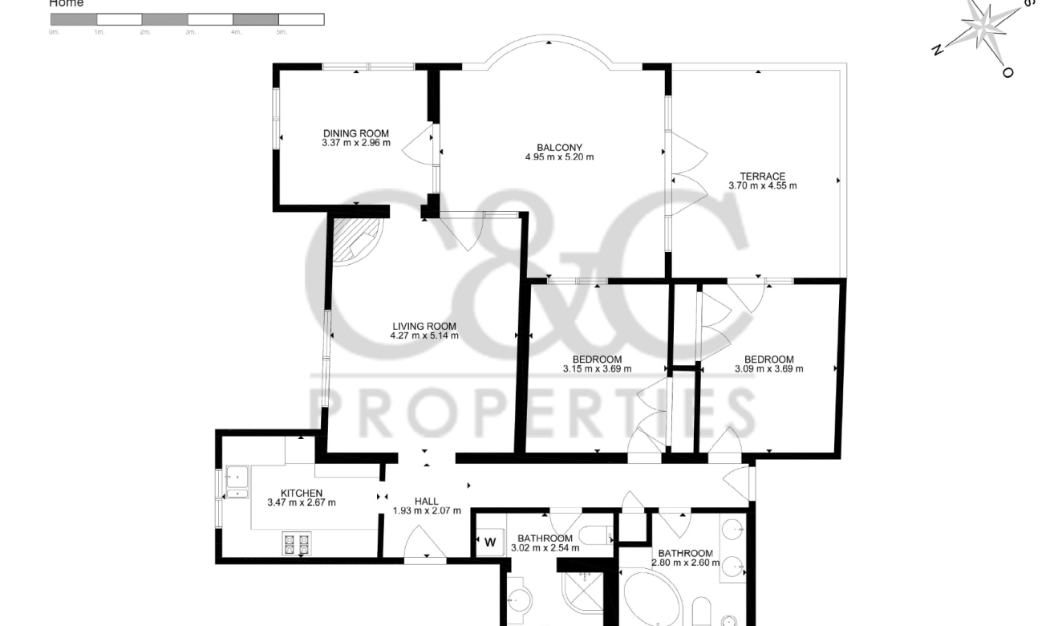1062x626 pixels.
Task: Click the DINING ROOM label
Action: pos(355,133)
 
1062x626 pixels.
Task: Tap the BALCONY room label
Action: pos(559,147)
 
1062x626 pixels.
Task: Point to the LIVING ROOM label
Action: pos(424,326)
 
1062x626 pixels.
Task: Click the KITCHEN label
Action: pos(301,493)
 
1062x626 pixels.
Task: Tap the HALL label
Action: pos(426,501)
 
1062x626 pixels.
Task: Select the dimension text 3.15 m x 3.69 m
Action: pos(597,369)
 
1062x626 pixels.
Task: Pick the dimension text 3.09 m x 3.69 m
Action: pos(768,369)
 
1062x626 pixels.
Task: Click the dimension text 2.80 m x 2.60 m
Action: pos(685,563)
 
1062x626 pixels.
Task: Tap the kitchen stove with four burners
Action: pos(294,543)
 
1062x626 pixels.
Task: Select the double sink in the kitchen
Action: pos(236,482)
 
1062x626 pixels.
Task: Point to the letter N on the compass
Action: pos(937,50)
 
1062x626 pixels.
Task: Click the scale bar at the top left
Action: pos(187,19)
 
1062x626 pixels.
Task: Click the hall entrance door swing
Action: pos(425,543)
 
